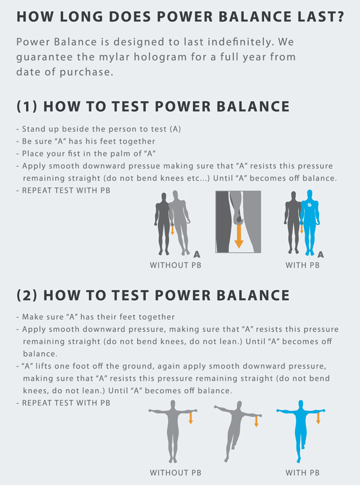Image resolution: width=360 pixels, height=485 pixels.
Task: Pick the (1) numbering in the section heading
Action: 27,106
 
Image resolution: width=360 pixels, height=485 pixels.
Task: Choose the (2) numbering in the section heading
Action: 27,295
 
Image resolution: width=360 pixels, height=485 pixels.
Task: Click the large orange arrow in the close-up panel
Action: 239,236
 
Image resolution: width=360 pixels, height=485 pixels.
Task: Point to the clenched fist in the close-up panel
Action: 239,218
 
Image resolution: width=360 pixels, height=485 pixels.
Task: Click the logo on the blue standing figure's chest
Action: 310,205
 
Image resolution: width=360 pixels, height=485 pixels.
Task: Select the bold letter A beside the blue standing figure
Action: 321,255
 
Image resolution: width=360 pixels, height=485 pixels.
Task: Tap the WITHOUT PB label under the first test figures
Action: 175,265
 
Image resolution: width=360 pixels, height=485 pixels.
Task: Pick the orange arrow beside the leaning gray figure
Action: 256,421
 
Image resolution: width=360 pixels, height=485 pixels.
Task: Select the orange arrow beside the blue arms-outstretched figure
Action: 318,418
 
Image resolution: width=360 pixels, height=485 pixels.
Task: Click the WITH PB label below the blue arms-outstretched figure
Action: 302,473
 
